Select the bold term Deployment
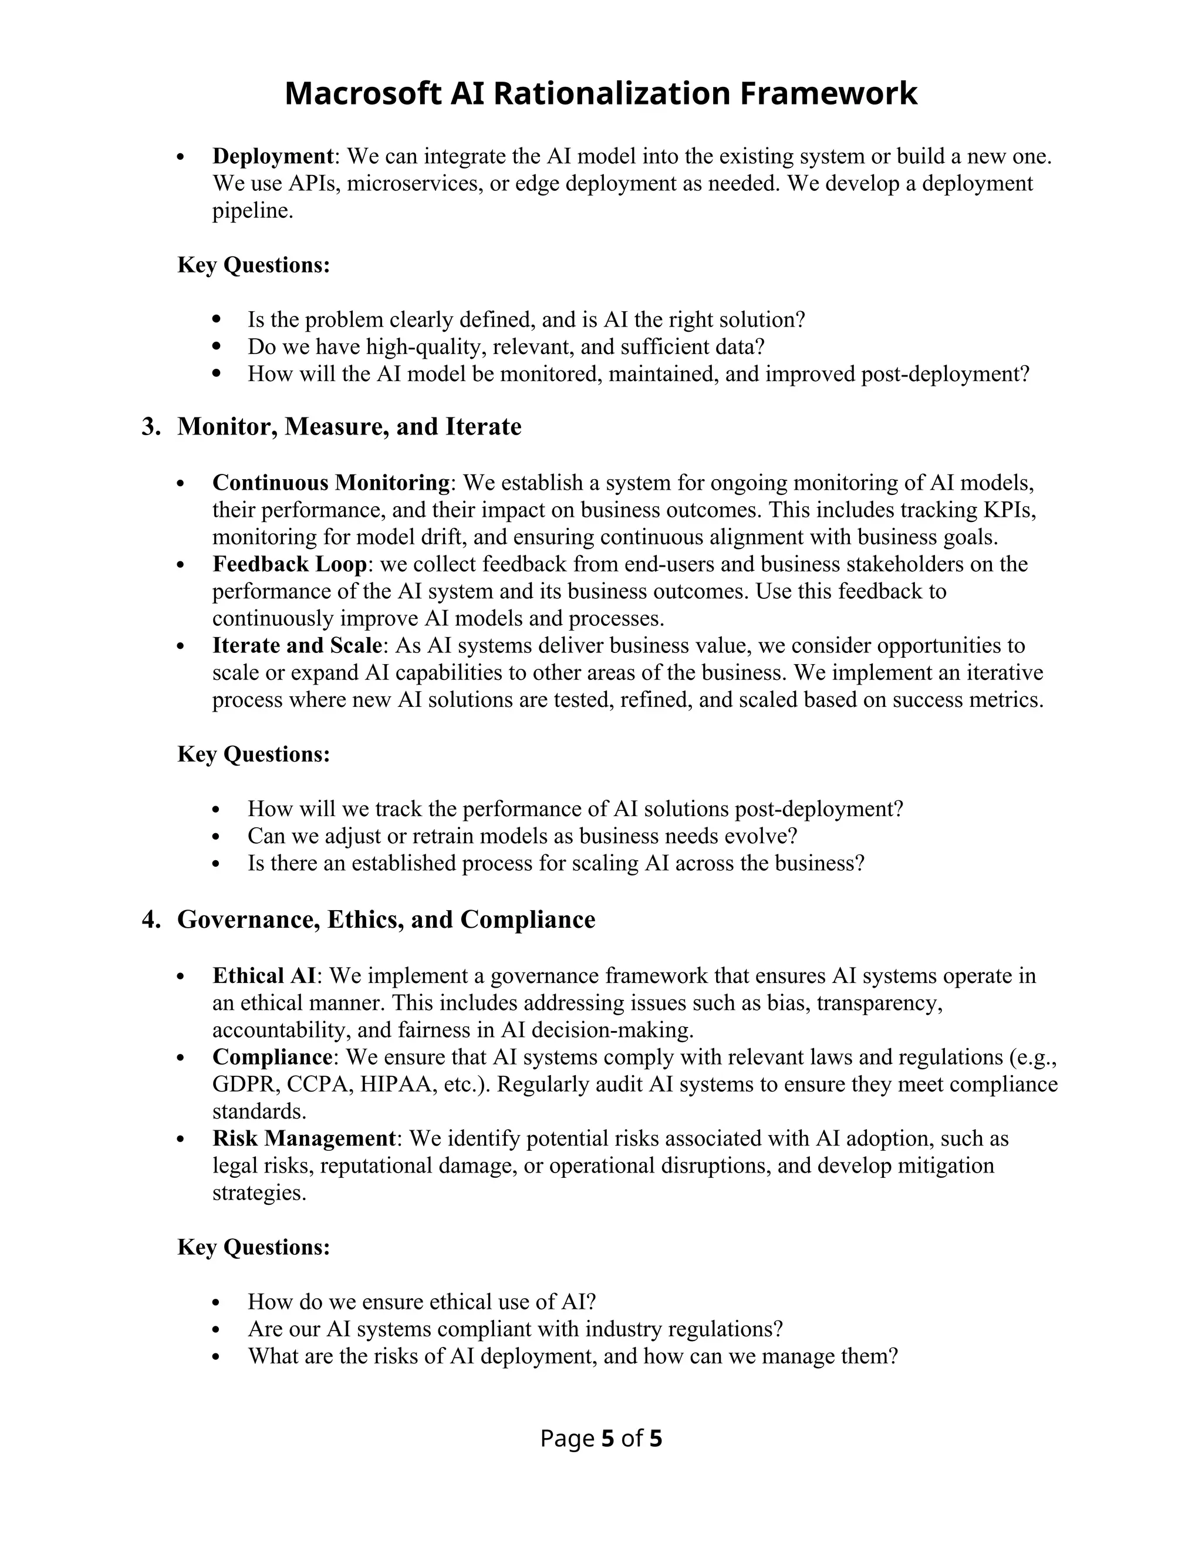click(273, 156)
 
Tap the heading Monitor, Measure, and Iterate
click(349, 427)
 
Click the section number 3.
click(150, 427)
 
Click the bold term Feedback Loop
click(290, 564)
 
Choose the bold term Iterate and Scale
click(298, 645)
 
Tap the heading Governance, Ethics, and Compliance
click(386, 919)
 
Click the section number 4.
click(150, 919)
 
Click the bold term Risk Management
click(304, 1138)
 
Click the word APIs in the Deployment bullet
click(314, 184)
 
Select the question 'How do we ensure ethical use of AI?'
click(421, 1302)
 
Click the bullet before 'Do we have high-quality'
click(218, 347)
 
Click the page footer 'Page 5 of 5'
click(601, 1439)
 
